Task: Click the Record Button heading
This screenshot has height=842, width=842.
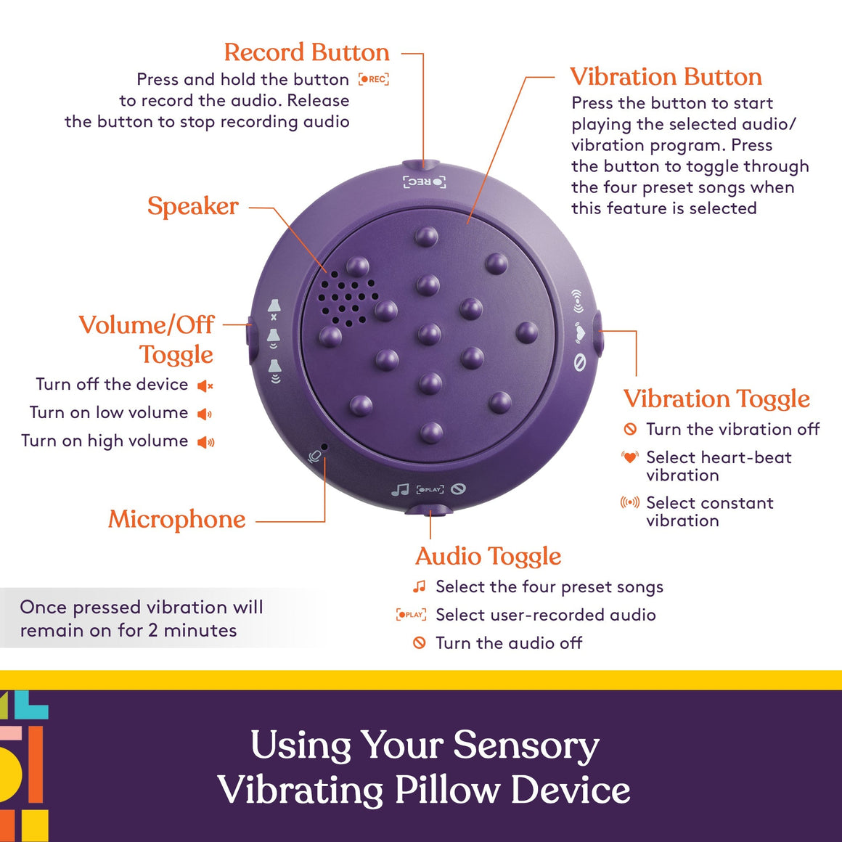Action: click(x=306, y=52)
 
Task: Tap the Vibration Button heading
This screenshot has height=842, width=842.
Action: click(x=666, y=77)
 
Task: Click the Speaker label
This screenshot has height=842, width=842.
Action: click(x=192, y=206)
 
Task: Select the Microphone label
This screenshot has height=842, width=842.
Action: click(x=176, y=520)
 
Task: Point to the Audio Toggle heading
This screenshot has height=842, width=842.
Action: click(x=488, y=556)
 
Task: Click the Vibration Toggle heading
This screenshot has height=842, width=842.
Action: click(x=716, y=398)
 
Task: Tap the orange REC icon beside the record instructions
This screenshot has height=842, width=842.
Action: click(x=374, y=79)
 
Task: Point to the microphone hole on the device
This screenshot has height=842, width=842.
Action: click(x=324, y=447)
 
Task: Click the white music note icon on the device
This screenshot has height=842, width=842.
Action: click(x=400, y=491)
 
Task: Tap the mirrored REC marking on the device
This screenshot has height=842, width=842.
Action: click(x=425, y=181)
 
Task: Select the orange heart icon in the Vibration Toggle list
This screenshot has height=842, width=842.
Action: click(x=629, y=457)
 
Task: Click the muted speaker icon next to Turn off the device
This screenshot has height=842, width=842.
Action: click(x=205, y=385)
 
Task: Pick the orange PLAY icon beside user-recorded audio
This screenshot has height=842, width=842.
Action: click(x=411, y=615)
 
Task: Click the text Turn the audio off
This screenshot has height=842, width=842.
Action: click(x=508, y=643)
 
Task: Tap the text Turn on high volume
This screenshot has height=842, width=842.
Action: click(x=105, y=441)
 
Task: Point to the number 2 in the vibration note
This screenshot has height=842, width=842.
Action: click(x=152, y=630)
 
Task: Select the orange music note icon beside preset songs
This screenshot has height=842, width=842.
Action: click(x=419, y=586)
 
